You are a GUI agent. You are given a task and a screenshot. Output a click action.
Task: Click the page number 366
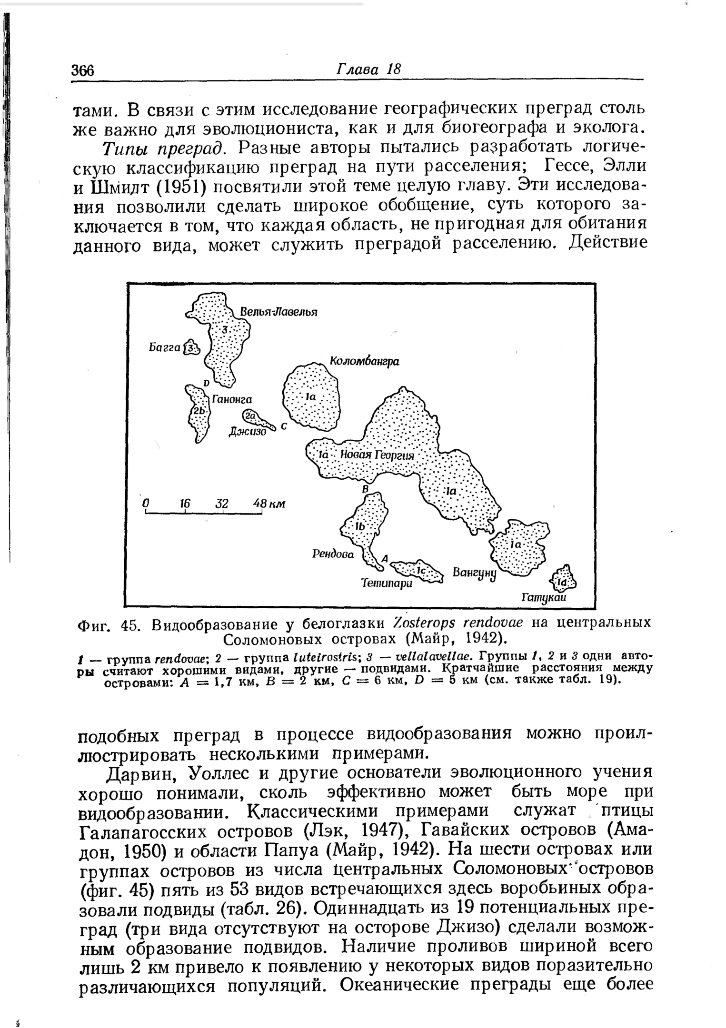84,70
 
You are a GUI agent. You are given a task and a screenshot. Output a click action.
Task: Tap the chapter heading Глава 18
369,69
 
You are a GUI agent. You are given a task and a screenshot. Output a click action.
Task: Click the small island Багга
191,348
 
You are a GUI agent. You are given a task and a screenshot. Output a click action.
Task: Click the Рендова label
333,554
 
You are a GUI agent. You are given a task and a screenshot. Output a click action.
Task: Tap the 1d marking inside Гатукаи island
563,582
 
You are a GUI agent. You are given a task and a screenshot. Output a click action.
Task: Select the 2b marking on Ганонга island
198,411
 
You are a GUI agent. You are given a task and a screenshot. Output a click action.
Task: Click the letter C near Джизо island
284,426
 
